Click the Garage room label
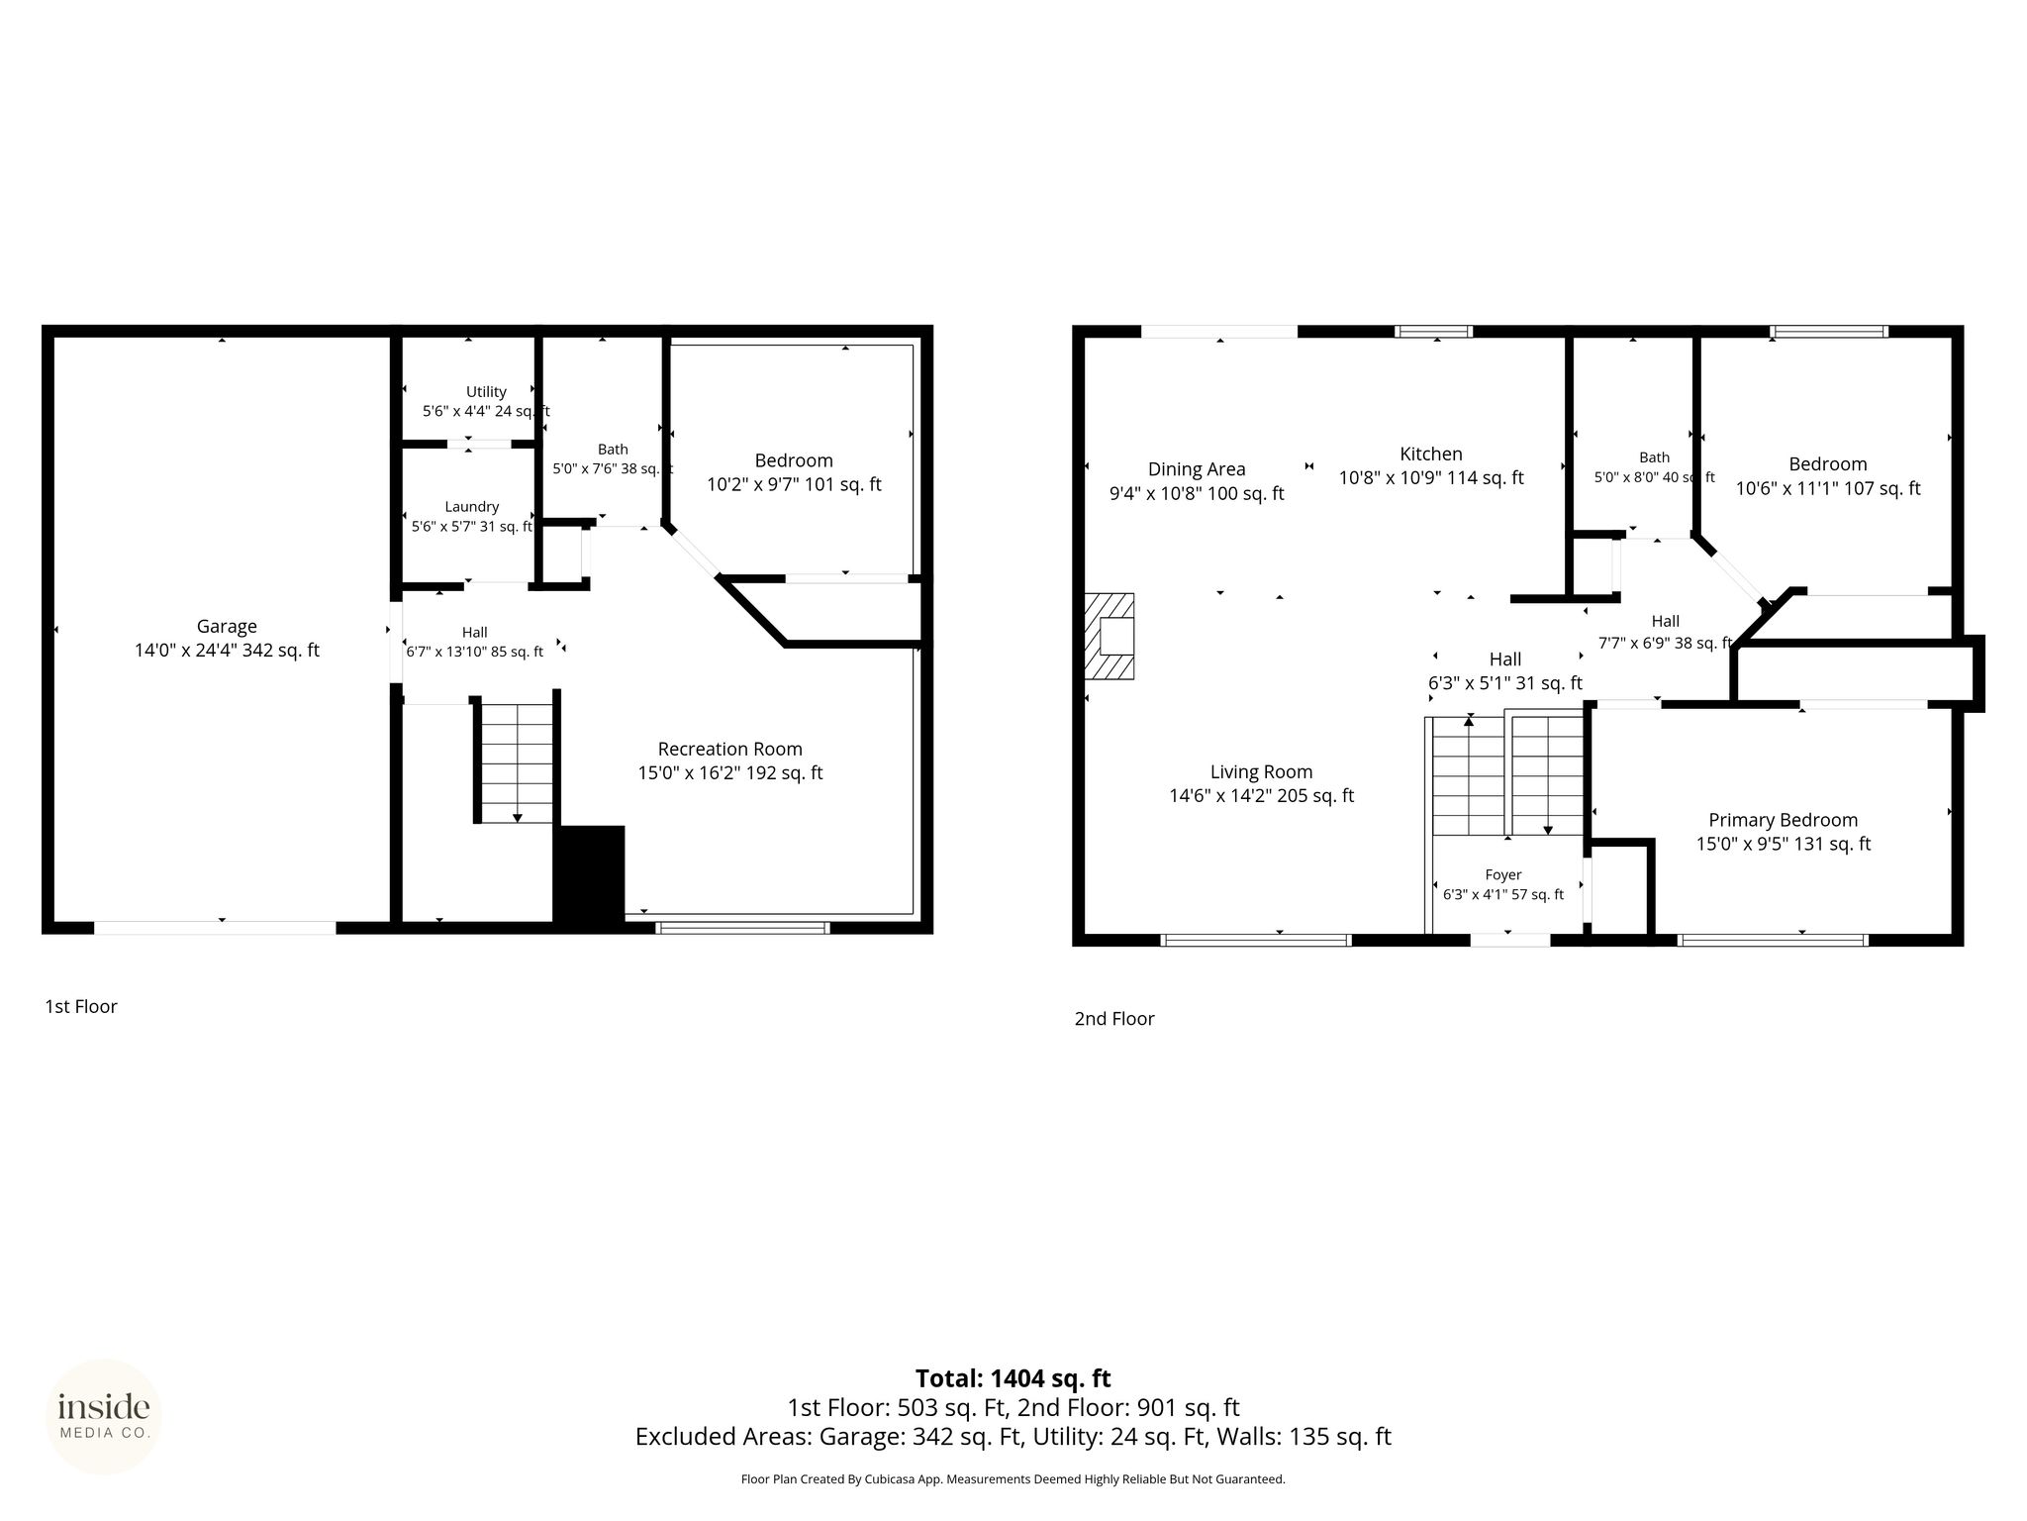[x=227, y=627]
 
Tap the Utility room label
[x=486, y=392]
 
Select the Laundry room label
[x=471, y=507]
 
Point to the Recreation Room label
[x=730, y=750]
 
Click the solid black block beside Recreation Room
[x=589, y=875]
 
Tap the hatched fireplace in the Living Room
[x=1110, y=636]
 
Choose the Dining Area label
[x=1197, y=469]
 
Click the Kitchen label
[x=1431, y=454]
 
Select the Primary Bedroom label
[x=1784, y=820]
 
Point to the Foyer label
[x=1503, y=875]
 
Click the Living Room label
[x=1262, y=771]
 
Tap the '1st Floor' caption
[x=81, y=1006]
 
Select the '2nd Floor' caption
[x=1114, y=1018]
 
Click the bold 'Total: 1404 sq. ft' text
[x=1013, y=1378]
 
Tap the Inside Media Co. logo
[x=104, y=1416]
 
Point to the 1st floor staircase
[x=517, y=762]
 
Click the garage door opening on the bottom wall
[x=216, y=928]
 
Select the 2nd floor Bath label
[x=1655, y=457]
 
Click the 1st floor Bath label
[x=613, y=450]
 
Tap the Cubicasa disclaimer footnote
[x=1013, y=1479]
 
